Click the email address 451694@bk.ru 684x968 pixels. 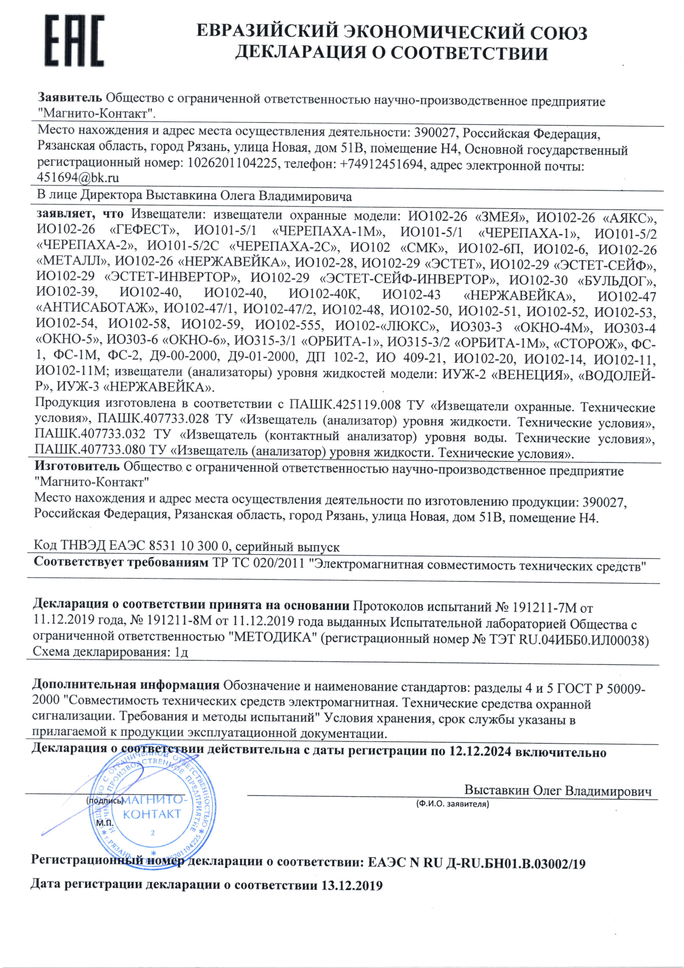coord(78,178)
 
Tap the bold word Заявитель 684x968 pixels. coord(70,98)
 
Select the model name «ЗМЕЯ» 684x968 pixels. coord(502,218)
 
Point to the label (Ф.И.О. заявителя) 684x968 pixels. coord(452,804)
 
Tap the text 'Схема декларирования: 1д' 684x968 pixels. coord(110,652)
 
